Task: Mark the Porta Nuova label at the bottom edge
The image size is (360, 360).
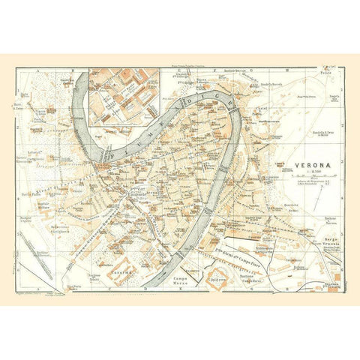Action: (x=75, y=286)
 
